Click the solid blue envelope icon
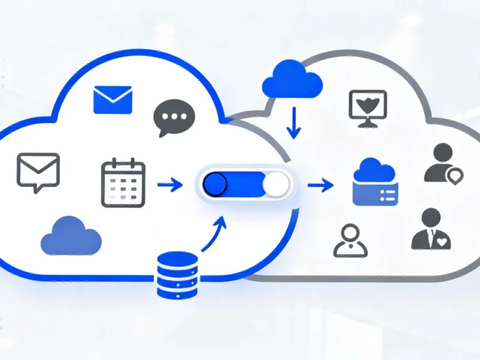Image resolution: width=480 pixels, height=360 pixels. coord(112,100)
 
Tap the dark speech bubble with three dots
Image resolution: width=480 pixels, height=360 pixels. coord(175,117)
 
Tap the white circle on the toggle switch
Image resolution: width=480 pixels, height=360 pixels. coord(275,185)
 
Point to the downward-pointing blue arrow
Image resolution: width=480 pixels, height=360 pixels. coord(293,122)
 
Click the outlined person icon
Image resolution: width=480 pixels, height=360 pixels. coord(349,241)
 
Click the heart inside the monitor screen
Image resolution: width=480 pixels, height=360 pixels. coord(367,104)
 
